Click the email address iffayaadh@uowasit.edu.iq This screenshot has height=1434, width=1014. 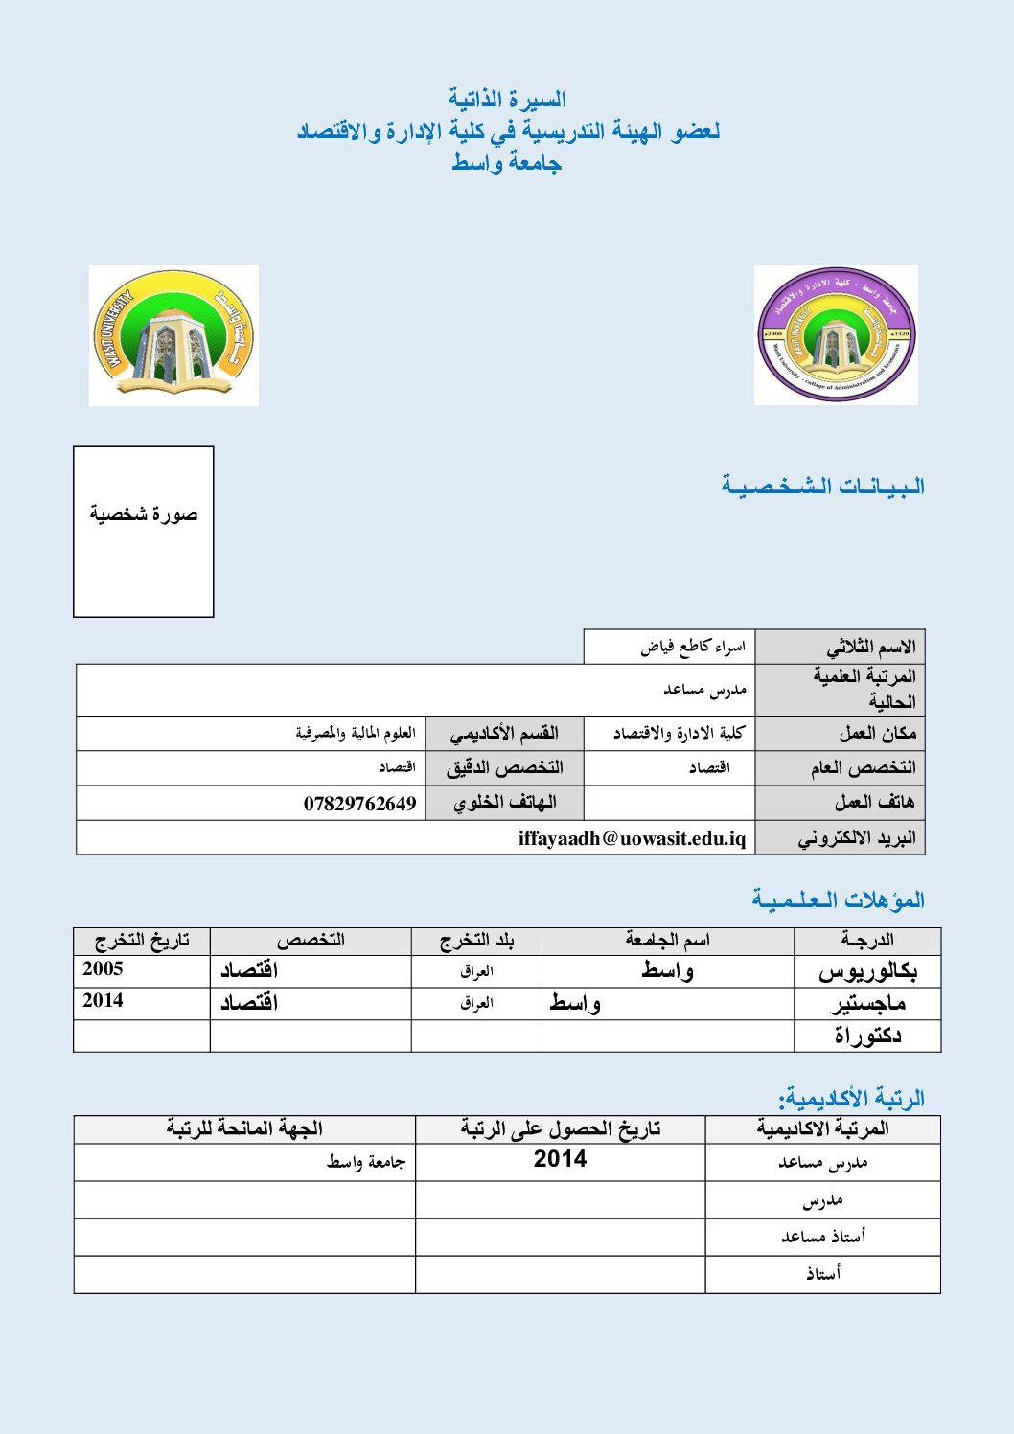(632, 838)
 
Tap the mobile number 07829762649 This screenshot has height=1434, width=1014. (359, 804)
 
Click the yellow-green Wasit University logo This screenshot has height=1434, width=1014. (173, 335)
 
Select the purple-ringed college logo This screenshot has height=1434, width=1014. (836, 335)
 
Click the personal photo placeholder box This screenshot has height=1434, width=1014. (144, 532)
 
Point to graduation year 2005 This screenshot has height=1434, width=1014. (103, 968)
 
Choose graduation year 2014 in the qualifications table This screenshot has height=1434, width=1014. (103, 1001)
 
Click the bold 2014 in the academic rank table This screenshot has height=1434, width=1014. (560, 1159)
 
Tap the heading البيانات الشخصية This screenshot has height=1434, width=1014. (823, 487)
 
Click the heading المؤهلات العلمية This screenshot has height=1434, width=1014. (838, 899)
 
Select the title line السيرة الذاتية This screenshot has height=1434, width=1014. (507, 100)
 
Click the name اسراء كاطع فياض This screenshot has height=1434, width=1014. (692, 648)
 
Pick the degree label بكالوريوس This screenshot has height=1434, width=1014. (867, 971)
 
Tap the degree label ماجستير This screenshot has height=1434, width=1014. (867, 1004)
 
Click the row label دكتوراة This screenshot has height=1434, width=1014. (867, 1036)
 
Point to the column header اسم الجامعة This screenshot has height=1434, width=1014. (667, 941)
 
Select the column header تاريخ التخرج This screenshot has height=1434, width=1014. (142, 941)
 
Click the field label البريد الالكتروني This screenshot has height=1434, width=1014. (856, 838)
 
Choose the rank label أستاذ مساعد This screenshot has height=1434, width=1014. (822, 1237)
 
